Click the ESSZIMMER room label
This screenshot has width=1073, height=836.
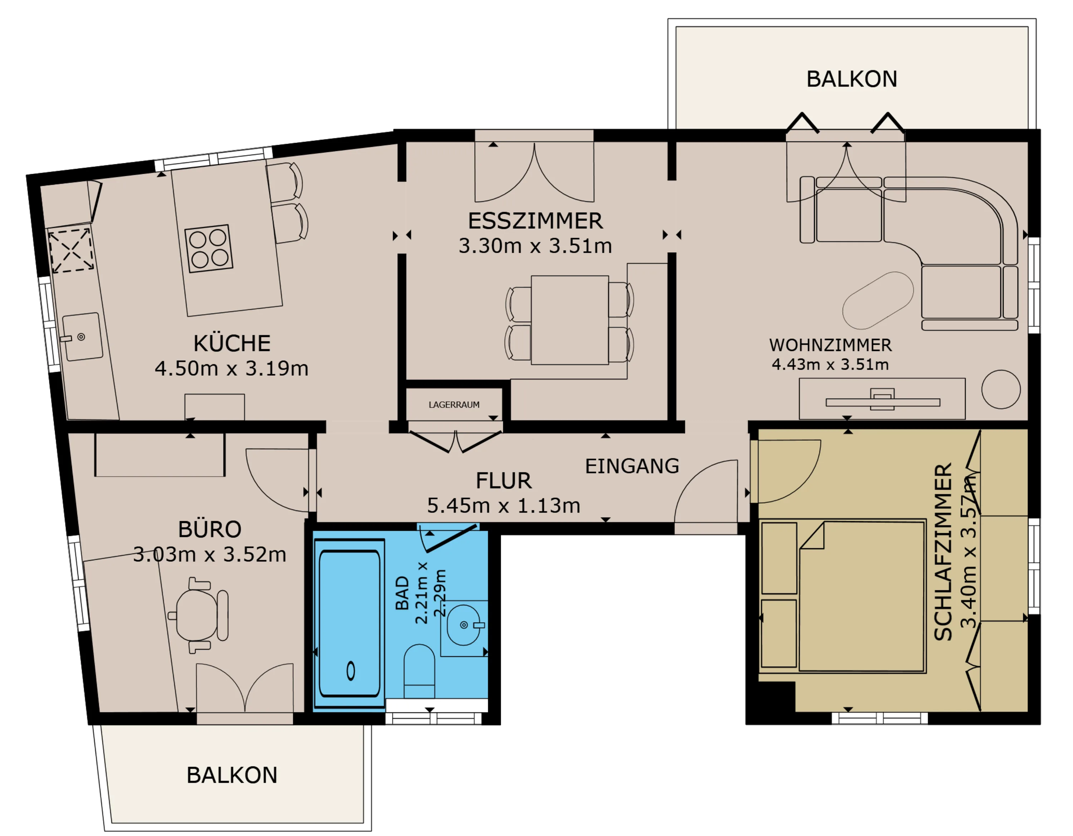(535, 221)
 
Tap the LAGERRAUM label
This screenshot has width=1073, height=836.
(454, 405)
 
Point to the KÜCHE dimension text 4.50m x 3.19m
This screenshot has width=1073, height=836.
(231, 368)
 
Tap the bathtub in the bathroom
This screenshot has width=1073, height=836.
(349, 623)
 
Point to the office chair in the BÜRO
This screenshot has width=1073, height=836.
(199, 615)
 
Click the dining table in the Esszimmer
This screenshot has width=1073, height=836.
(570, 320)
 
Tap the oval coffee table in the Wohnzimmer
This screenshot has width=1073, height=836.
(878, 301)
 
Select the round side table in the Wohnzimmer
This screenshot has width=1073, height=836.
(1001, 389)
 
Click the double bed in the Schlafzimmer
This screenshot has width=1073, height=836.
(862, 596)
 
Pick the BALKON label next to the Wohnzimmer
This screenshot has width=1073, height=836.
(851, 79)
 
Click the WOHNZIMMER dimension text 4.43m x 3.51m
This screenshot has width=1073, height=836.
(830, 364)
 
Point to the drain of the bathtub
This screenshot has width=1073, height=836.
(351, 671)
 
